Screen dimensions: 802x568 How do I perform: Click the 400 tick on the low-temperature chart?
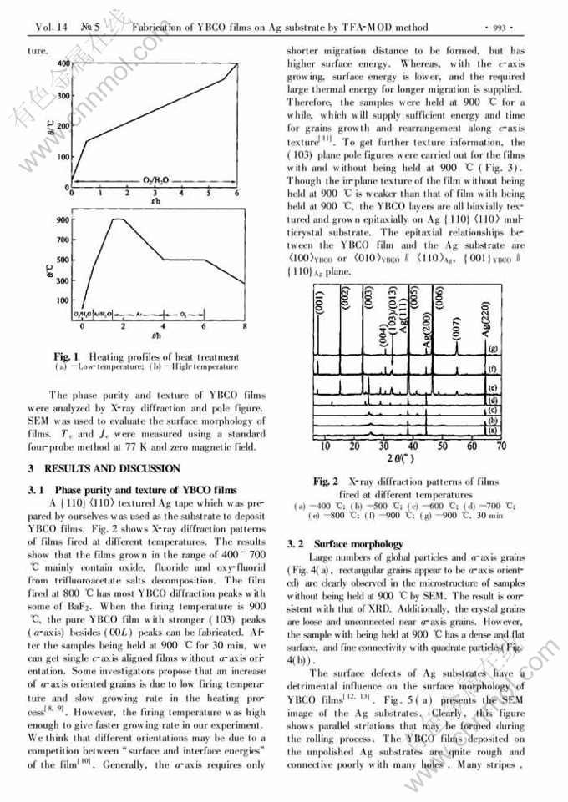coord(61,64)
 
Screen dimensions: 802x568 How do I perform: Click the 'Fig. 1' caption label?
coord(67,356)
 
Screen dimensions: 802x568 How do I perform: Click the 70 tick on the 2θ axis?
coord(500,447)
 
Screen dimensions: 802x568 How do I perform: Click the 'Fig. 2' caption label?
coord(325,482)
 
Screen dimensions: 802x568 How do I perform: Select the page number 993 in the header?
coord(501,28)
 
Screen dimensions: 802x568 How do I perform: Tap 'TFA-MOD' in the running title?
coord(388,28)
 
